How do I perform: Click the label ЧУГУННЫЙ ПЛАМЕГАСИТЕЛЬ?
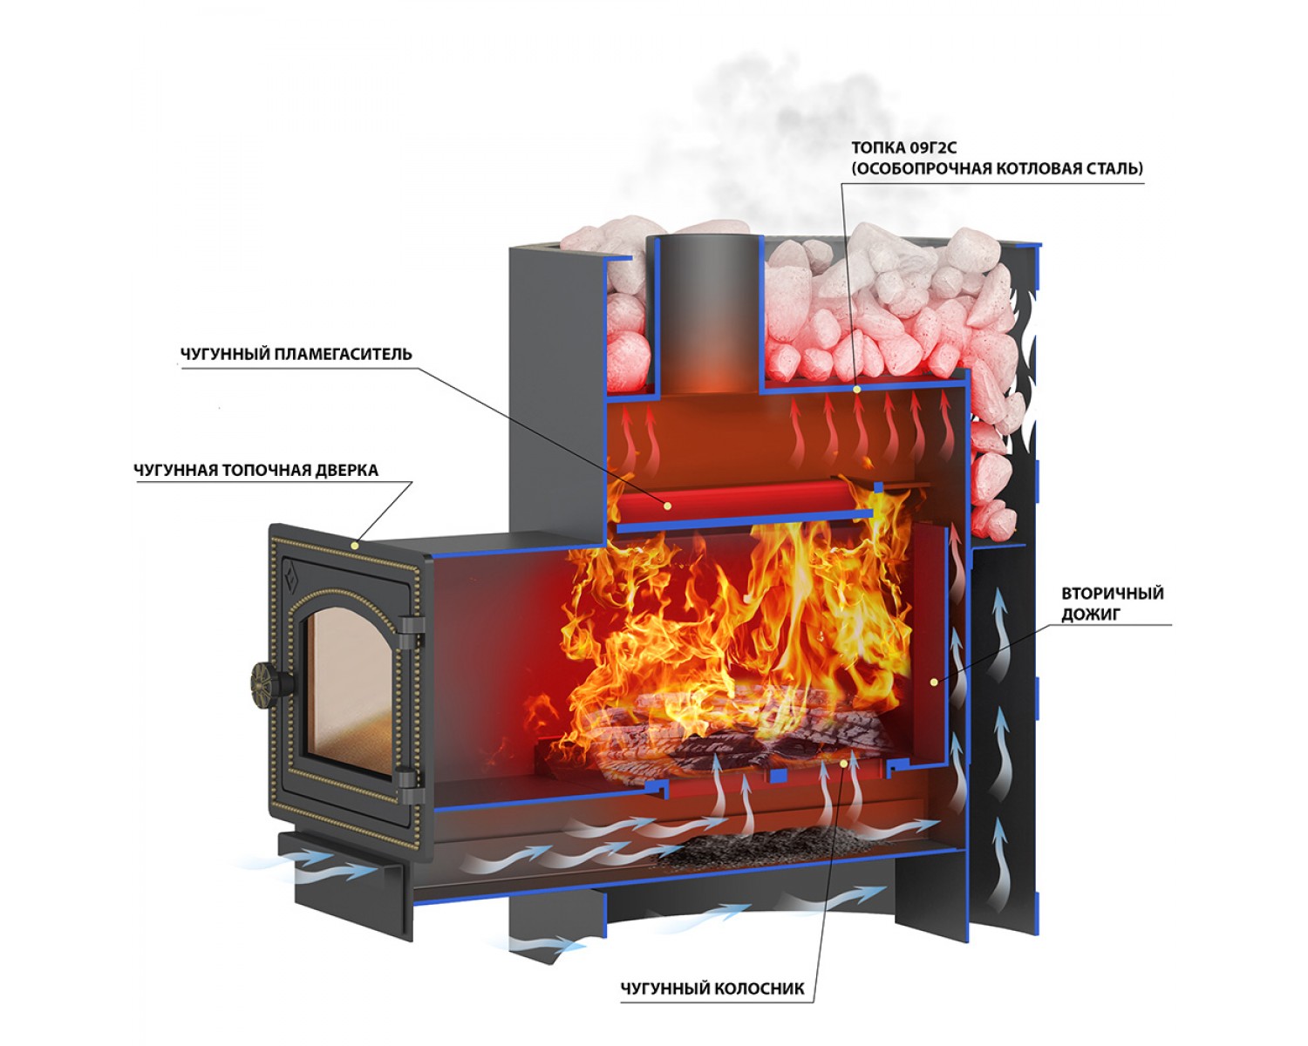(x=296, y=355)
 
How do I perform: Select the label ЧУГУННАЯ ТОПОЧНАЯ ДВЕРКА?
(x=255, y=471)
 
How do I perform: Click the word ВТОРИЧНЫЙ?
(x=1113, y=594)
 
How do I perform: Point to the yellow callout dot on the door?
(x=354, y=546)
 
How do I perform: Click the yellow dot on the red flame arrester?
(x=667, y=506)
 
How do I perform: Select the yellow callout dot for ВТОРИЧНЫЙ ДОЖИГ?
(x=933, y=682)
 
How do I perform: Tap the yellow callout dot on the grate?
(x=843, y=764)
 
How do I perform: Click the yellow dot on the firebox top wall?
(x=857, y=389)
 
